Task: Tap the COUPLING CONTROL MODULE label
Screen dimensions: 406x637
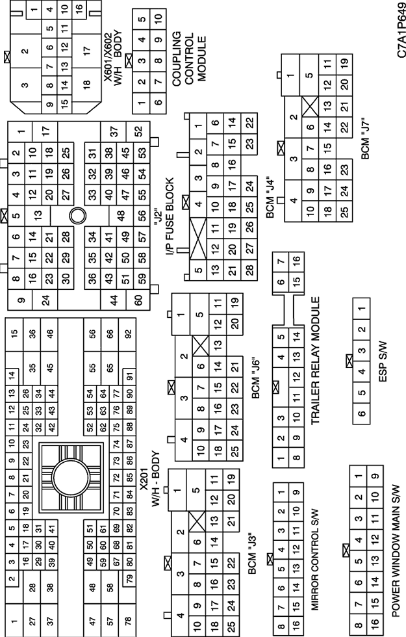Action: click(189, 59)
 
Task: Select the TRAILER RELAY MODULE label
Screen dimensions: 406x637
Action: click(316, 361)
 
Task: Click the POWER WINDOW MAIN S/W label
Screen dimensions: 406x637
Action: click(396, 551)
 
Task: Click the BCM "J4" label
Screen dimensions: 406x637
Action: click(270, 199)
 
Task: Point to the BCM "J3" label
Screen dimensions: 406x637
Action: click(252, 554)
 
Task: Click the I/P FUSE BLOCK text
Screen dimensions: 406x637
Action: click(170, 216)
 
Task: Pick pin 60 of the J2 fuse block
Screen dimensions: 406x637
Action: click(139, 300)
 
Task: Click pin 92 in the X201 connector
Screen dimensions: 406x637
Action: click(129, 334)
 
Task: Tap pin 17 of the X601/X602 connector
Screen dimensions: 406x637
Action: click(86, 51)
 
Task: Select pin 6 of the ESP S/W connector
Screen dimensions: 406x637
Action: click(361, 413)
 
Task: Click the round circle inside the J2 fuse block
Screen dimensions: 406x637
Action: click(77, 215)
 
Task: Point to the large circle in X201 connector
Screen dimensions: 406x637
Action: click(71, 477)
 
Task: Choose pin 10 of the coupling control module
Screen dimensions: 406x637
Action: click(158, 18)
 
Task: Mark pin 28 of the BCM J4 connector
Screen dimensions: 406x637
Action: click(249, 268)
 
